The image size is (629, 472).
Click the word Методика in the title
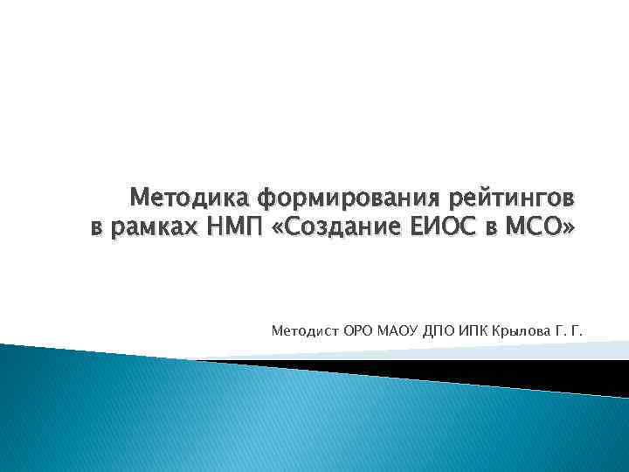180,199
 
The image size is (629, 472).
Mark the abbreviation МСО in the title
539,230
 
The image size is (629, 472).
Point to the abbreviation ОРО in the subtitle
358,331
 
